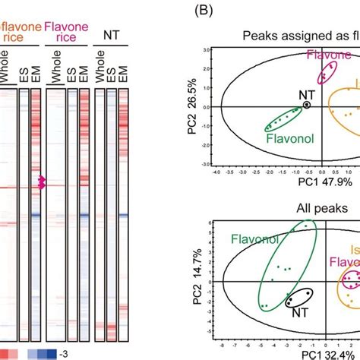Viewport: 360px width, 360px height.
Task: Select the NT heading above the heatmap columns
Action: click(112, 35)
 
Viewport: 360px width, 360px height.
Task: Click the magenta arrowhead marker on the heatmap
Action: click(43, 182)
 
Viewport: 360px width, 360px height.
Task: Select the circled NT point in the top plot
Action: click(307, 106)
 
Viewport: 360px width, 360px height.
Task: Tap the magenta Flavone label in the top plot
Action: click(329, 54)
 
